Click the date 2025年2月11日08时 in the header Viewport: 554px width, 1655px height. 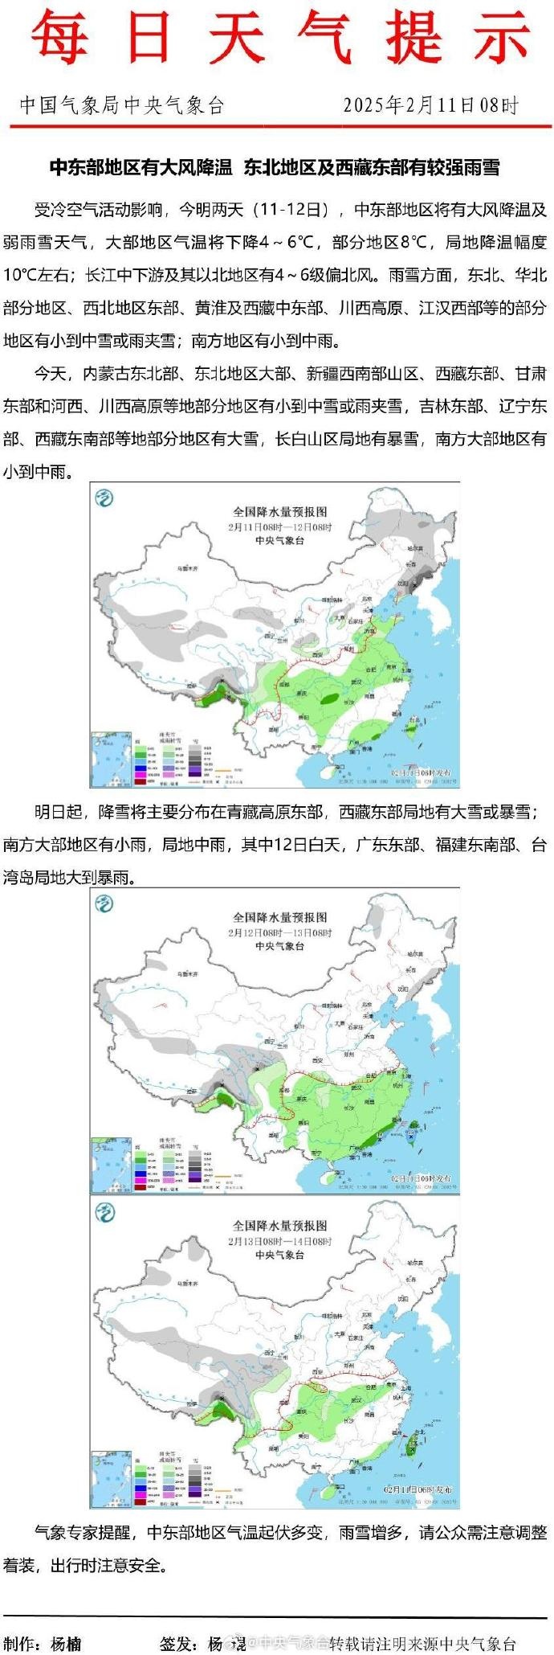click(431, 105)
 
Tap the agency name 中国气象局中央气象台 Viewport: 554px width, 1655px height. click(122, 105)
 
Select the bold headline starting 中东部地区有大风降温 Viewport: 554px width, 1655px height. click(275, 167)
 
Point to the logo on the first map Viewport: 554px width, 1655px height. click(104, 498)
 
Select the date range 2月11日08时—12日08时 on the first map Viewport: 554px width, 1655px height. click(279, 526)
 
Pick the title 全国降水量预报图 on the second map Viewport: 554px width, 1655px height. click(280, 916)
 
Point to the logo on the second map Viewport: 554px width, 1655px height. click(104, 903)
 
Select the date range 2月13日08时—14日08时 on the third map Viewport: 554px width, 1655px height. click(279, 1241)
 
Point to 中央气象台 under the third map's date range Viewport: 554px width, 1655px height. click(279, 1255)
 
